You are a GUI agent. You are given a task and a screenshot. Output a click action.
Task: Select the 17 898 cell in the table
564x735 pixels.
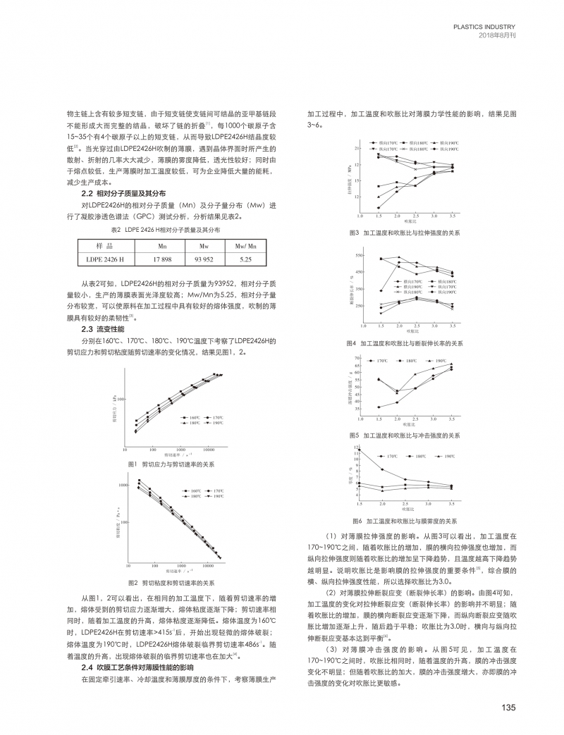[x=162, y=260]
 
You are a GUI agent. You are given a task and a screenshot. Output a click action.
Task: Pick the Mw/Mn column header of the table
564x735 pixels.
[x=245, y=247]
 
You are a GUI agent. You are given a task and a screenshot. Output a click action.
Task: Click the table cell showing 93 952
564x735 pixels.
[x=204, y=260]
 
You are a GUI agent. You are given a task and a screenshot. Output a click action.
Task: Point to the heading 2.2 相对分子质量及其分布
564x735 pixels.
[x=123, y=193]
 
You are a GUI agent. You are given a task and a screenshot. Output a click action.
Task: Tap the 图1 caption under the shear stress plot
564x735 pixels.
[x=171, y=464]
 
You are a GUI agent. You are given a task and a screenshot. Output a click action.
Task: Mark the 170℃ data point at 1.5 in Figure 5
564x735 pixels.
[x=379, y=407]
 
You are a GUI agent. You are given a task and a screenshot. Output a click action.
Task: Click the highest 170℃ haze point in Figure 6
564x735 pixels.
[x=360, y=449]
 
